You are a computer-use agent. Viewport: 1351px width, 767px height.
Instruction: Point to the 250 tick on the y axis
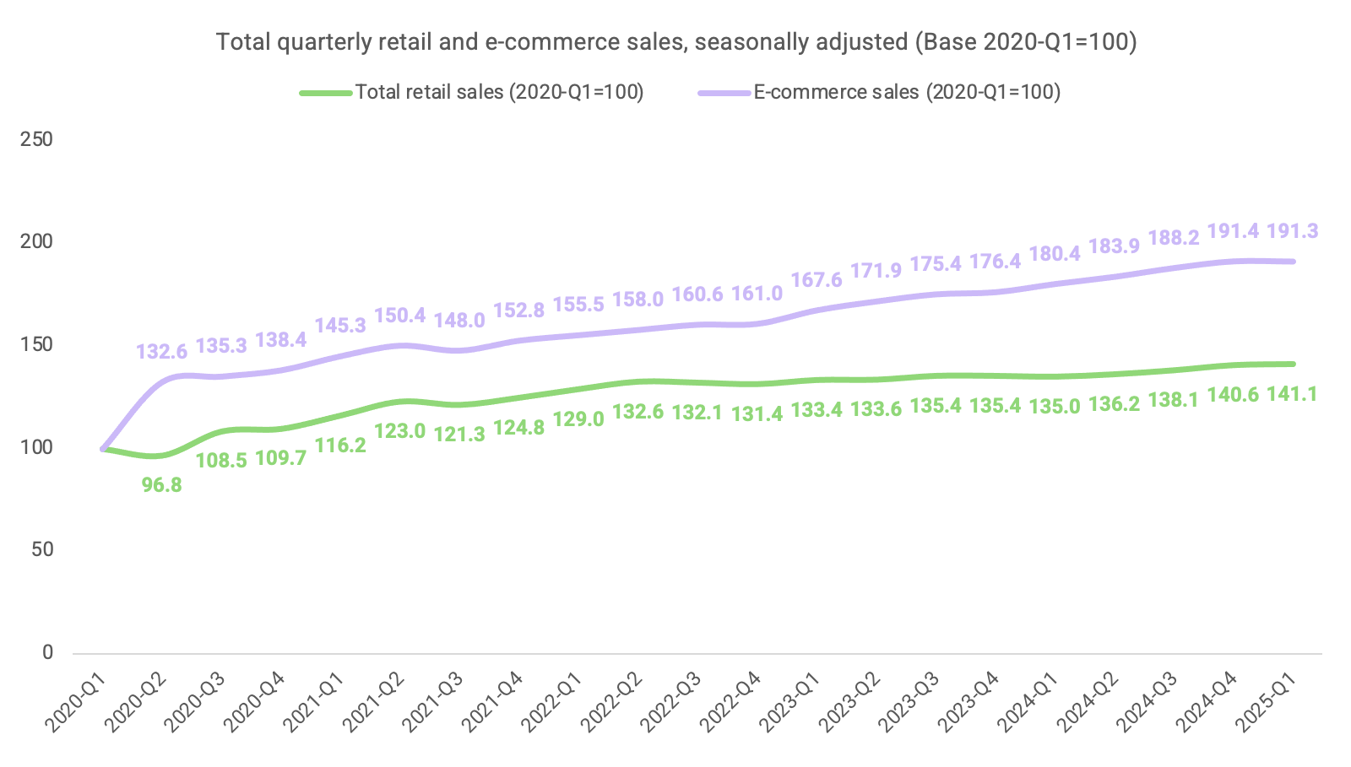[36, 139]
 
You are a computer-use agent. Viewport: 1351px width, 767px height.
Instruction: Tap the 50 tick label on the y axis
[41, 549]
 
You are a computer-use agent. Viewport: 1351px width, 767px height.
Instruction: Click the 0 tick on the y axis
[47, 652]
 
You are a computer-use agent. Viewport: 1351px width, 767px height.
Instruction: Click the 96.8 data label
[162, 485]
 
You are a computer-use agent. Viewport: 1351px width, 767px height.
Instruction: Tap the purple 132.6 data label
[162, 351]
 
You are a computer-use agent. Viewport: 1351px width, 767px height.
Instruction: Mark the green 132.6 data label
[638, 412]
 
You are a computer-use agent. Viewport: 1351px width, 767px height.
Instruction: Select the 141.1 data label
[1292, 394]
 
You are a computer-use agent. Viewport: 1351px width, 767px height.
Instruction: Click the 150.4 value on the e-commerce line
[399, 316]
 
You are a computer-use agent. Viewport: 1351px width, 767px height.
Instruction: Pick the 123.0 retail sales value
[399, 431]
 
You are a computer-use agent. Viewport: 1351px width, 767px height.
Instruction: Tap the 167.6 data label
[817, 279]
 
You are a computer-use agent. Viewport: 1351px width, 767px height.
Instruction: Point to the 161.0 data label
[757, 294]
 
